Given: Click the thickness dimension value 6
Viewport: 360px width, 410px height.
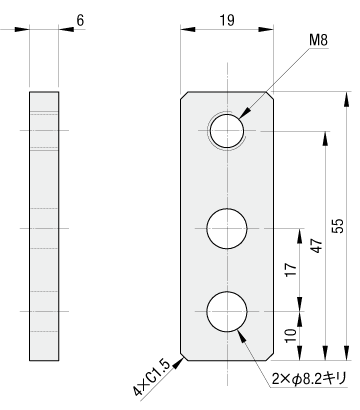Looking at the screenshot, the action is (x=80, y=20).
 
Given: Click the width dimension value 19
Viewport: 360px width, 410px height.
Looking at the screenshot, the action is (x=227, y=20).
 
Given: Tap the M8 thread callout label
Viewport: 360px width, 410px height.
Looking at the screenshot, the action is (x=318, y=40).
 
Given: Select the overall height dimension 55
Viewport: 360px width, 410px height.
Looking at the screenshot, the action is (x=339, y=226).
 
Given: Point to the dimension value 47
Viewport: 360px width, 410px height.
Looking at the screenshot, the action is (x=318, y=246).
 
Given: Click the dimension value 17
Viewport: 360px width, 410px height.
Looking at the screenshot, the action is (x=291, y=270).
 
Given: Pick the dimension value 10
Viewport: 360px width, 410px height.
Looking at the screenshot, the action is (x=291, y=335).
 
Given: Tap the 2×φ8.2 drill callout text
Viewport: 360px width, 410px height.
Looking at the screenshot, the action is (x=309, y=379).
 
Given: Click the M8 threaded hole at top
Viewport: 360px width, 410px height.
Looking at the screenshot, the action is (x=227, y=131).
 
